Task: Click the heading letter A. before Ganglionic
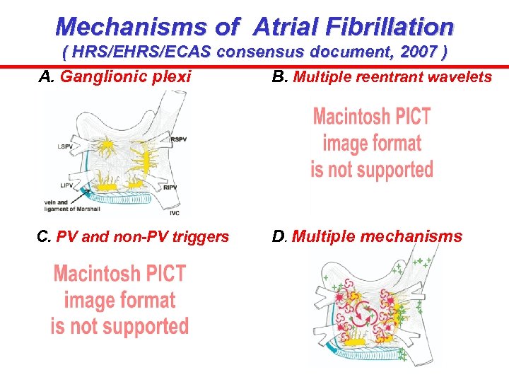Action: tap(47, 76)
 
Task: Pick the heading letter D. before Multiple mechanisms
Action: tap(281, 236)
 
